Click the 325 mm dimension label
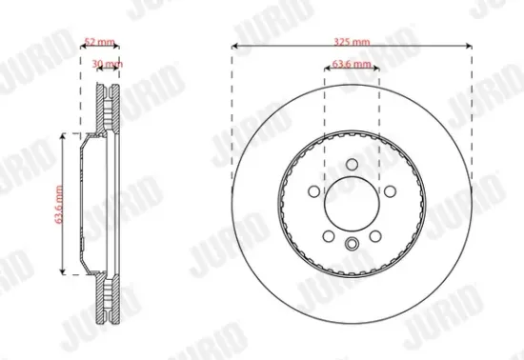353,43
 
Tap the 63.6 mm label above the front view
352,66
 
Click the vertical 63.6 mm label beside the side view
59,206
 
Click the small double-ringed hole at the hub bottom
352,246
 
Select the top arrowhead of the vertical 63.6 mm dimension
64,136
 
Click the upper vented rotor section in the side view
110,110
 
